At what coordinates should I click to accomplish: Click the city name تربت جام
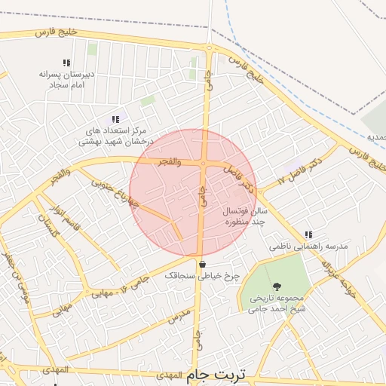[214, 374]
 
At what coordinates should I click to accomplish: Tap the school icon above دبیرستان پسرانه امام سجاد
[66, 63]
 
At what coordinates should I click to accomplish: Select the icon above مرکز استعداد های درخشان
[115, 119]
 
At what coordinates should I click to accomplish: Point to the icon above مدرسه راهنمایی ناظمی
[308, 235]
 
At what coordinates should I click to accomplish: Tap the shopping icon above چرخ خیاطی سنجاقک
[202, 264]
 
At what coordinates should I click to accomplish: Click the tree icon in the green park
[277, 286]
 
